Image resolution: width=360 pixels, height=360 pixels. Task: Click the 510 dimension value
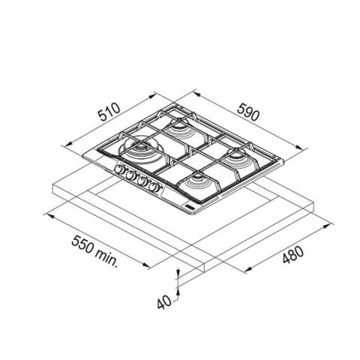click(109, 112)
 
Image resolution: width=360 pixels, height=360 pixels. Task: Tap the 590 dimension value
click(247, 112)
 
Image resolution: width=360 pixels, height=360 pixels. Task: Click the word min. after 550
click(106, 257)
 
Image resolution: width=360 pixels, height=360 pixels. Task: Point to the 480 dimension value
click(293, 255)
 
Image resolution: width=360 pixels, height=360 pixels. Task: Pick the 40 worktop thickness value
click(164, 302)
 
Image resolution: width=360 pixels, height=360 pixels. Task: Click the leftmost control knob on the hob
click(118, 169)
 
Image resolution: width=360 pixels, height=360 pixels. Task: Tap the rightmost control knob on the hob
click(153, 187)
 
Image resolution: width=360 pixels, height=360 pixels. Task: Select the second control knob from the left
click(130, 175)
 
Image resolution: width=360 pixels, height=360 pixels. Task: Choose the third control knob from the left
click(142, 181)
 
